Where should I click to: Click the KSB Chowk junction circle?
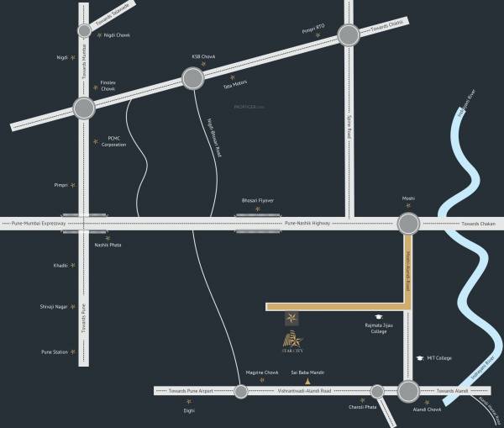coord(193,79)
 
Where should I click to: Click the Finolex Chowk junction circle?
coord(84,108)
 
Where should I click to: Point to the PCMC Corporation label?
coord(114,141)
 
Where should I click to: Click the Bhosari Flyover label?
coord(258,201)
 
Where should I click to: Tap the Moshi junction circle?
coord(408,223)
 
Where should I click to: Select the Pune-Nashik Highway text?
coord(307,223)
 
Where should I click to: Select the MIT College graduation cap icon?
coord(419,357)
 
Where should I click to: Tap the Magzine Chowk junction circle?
coord(241,391)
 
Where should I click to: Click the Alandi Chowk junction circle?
coord(408,391)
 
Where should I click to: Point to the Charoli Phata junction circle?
coord(377,391)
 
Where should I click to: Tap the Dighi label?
coord(190,410)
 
